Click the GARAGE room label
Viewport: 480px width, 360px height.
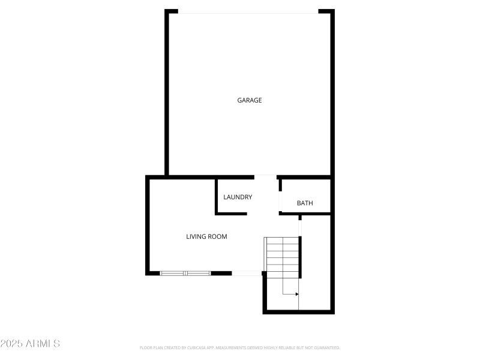click(x=250, y=100)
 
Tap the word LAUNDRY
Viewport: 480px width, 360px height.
click(x=238, y=197)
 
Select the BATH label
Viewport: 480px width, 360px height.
click(x=305, y=203)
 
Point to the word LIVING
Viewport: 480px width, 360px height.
click(x=196, y=236)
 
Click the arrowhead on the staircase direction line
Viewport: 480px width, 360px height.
click(x=296, y=294)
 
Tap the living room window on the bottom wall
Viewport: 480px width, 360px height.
click(x=185, y=273)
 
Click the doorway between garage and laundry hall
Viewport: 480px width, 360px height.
click(x=266, y=176)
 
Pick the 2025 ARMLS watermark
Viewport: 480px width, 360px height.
click(x=30, y=344)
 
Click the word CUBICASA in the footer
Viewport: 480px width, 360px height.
click(x=195, y=347)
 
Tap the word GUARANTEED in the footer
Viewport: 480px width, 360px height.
click(x=326, y=347)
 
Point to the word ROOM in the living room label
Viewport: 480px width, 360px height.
click(x=218, y=236)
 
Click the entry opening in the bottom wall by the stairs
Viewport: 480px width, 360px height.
click(x=247, y=273)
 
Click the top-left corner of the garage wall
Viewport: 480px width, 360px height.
click(x=167, y=12)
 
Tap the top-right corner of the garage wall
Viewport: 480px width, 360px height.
click(x=332, y=12)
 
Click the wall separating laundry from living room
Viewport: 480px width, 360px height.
click(x=217, y=196)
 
